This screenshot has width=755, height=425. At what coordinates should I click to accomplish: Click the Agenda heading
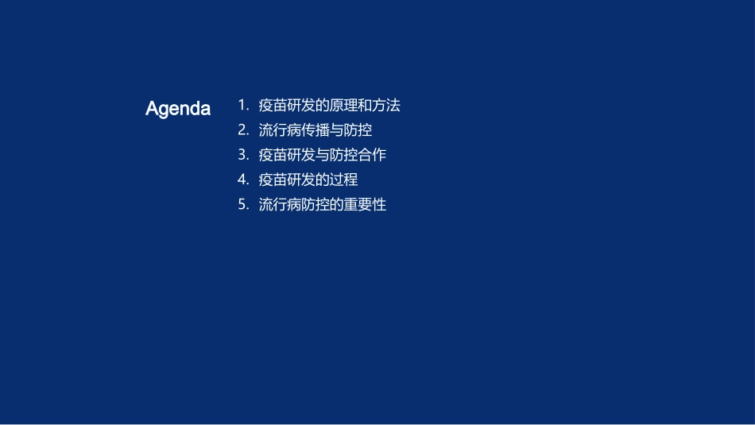tap(178, 109)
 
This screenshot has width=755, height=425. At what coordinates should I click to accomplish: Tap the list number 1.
tap(242, 105)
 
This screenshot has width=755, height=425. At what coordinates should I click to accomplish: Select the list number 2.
tap(242, 129)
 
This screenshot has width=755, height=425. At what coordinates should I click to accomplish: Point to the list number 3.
tap(242, 154)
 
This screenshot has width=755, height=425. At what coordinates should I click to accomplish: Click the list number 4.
tap(242, 180)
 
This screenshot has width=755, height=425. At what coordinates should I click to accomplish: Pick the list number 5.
tap(242, 204)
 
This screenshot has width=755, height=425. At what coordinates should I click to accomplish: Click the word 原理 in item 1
tap(343, 105)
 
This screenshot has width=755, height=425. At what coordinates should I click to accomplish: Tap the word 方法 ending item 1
tap(386, 105)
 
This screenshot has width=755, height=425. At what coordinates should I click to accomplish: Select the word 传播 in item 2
tap(315, 129)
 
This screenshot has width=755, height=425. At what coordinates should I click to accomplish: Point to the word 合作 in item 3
tap(372, 154)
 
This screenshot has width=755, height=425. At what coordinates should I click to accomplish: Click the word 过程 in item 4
tap(343, 180)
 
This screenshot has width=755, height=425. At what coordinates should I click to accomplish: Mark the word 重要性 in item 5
tap(365, 204)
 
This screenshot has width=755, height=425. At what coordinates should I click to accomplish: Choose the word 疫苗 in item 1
tap(273, 105)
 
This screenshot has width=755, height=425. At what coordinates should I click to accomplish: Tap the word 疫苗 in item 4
tap(273, 180)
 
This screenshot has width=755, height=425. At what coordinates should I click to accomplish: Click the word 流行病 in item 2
tap(280, 129)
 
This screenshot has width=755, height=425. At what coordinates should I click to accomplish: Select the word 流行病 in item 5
tap(280, 204)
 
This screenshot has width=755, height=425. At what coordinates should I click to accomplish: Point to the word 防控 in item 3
tap(343, 154)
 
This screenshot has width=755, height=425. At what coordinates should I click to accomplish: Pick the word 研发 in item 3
tap(300, 154)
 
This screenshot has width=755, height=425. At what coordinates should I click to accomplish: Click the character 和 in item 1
tap(365, 105)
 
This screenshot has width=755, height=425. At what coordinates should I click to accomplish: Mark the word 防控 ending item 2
tap(358, 129)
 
